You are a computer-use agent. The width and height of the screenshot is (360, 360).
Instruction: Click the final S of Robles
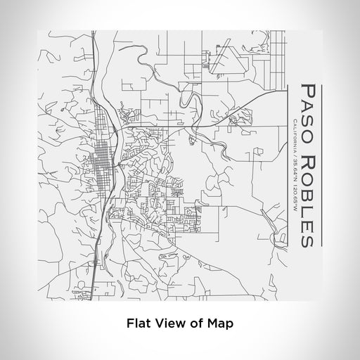click(307, 240)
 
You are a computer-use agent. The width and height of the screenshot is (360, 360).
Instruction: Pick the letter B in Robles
click(307, 194)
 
